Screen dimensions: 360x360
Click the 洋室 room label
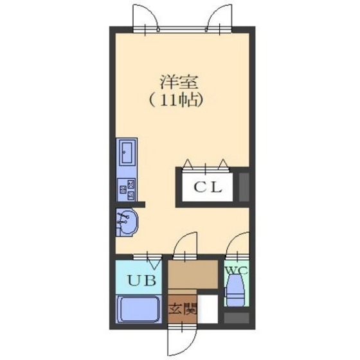tap(179, 84)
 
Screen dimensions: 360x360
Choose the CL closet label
tap(208, 188)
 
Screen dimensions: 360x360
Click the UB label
tap(139, 281)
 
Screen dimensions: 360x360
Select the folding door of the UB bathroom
tap(153, 261)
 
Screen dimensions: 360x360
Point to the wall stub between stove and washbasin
tap(131, 204)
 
